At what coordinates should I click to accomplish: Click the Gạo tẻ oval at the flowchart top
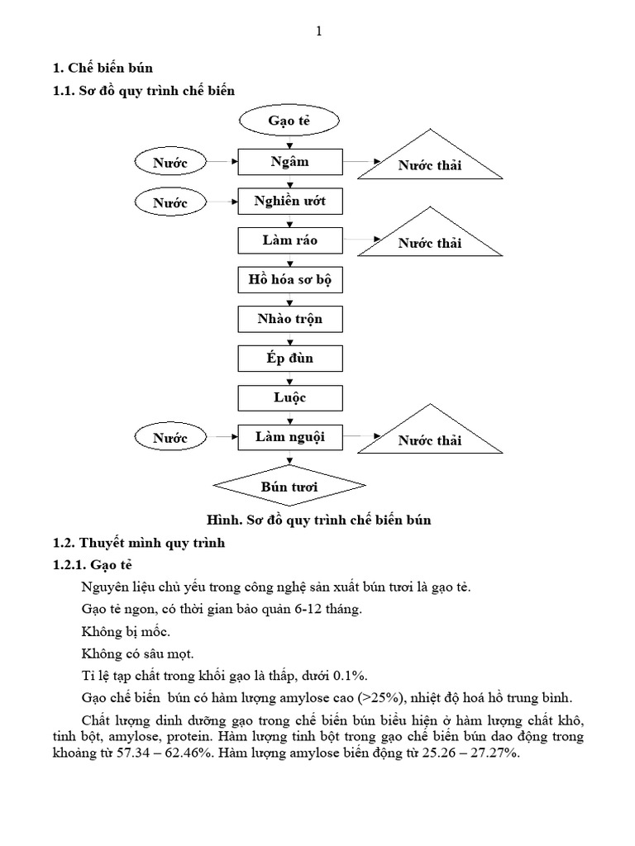point(289,121)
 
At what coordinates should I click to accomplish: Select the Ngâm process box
point(289,162)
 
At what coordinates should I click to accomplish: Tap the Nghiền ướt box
point(289,202)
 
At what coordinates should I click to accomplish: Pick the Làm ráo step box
point(289,241)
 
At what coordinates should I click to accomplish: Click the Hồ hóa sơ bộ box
point(289,280)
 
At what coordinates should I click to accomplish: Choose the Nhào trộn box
point(289,320)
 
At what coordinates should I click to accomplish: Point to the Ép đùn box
point(289,359)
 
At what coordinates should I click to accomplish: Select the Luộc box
point(289,398)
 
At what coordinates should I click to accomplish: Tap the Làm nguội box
point(289,437)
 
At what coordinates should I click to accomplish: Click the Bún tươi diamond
point(289,487)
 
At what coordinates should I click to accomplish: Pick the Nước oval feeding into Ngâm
point(170,163)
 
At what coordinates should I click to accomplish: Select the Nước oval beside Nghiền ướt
point(170,202)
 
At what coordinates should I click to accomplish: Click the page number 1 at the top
point(319,31)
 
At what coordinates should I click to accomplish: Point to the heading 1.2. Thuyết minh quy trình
point(139,544)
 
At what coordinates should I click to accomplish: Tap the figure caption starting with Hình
point(319,520)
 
